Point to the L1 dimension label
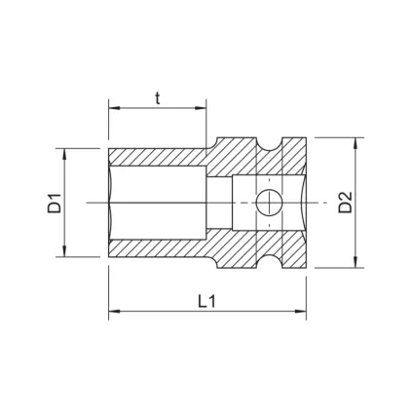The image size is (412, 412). tap(206, 301)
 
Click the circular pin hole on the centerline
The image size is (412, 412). tap(267, 203)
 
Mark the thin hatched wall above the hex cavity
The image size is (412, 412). tap(156, 158)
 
